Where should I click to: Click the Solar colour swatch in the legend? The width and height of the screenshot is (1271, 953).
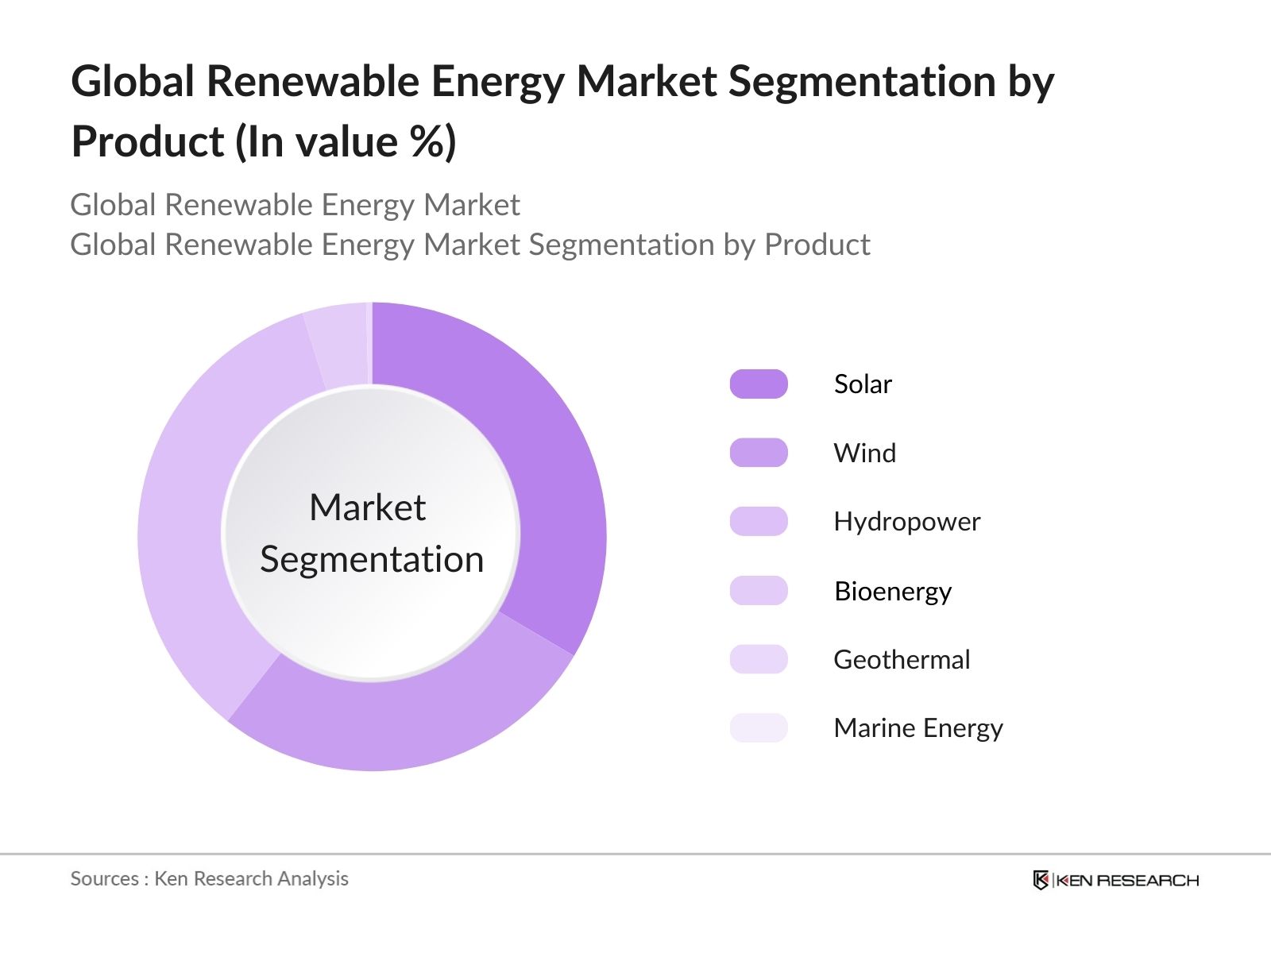pos(759,384)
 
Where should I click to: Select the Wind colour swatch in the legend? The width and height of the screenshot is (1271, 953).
pos(759,453)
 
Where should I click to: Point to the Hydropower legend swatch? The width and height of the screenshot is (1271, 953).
pos(759,522)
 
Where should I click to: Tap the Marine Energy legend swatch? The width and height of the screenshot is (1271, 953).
pos(759,727)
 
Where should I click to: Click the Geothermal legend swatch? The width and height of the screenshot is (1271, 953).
pos(759,659)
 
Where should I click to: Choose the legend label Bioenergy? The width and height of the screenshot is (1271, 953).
pos(893,592)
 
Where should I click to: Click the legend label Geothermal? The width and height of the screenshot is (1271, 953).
pos(902,660)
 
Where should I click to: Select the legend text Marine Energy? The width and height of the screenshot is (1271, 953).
pos(918,728)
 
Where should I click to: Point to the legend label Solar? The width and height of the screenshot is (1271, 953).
pos(863,384)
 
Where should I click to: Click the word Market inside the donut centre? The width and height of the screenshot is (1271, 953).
pos(367,507)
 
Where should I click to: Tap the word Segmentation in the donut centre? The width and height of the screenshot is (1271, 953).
pos(372,560)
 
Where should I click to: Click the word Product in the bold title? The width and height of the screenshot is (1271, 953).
pos(148,143)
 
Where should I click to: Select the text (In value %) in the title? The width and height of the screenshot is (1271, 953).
pos(346,143)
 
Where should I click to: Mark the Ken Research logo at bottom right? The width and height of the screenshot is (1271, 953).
pos(1115,880)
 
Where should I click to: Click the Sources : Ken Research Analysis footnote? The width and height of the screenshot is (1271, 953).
pos(210,878)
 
